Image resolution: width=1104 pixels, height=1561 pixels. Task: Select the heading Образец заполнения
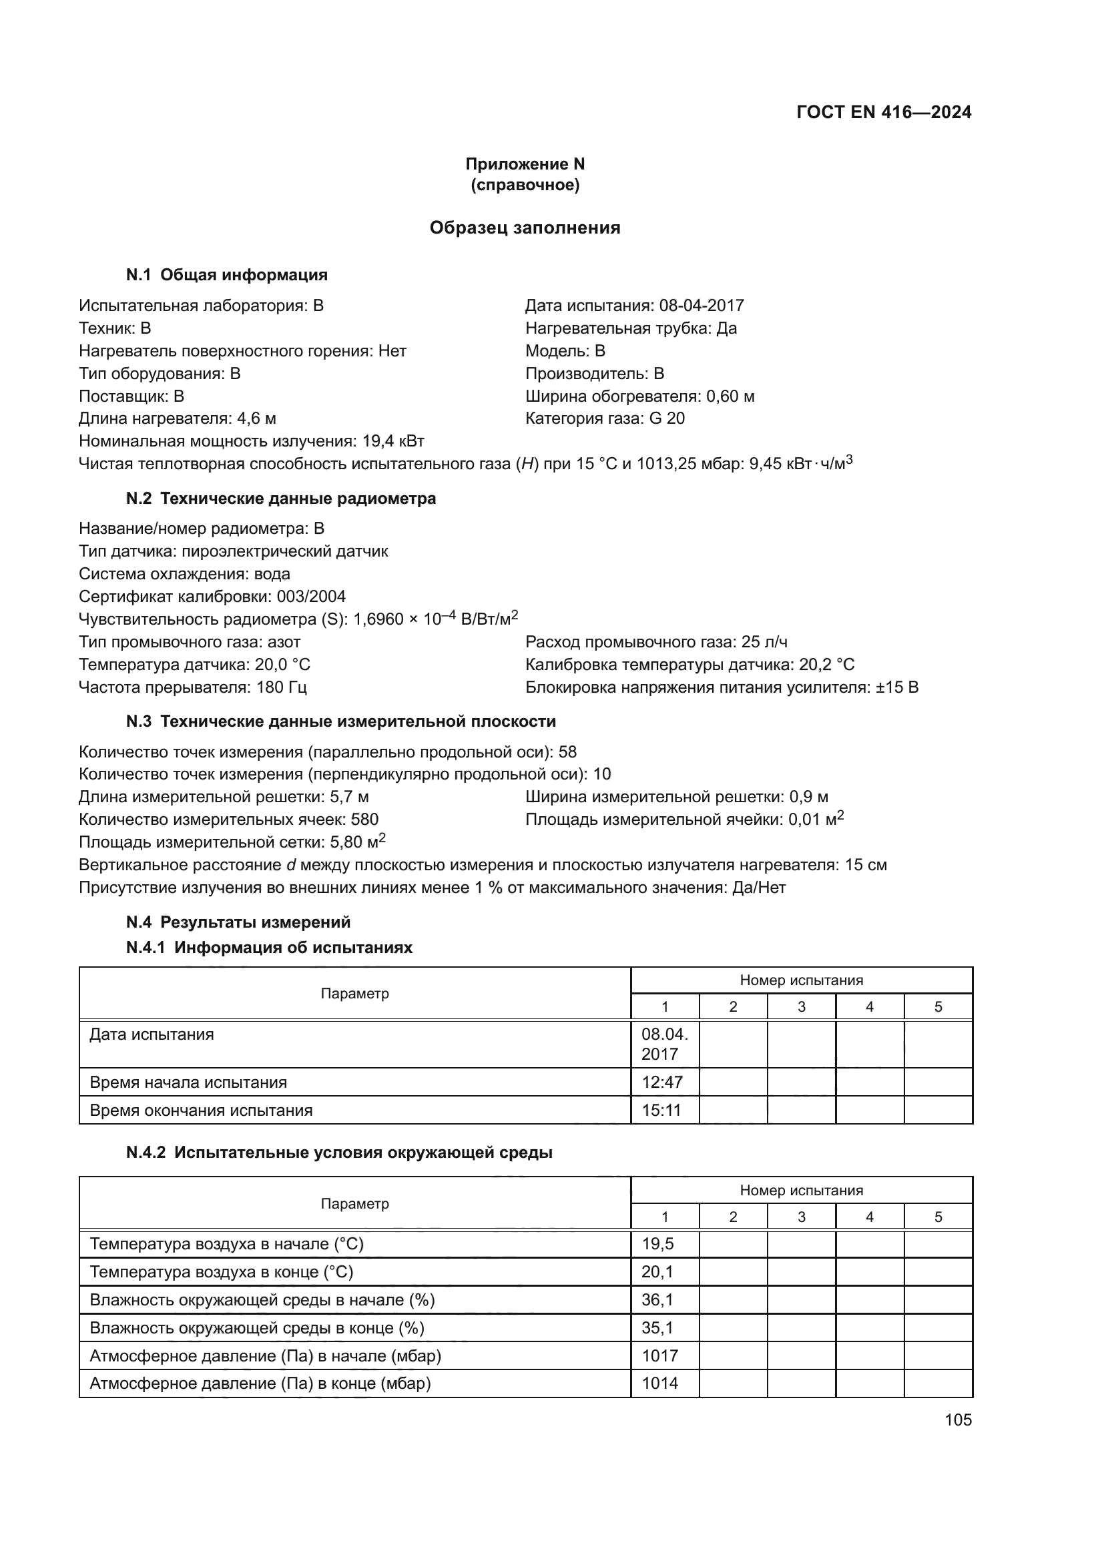click(525, 228)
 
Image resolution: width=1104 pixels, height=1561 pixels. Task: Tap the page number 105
click(958, 1420)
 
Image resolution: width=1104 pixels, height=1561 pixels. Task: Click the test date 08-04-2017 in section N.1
click(702, 305)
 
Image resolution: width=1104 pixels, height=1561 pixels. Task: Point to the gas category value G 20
click(667, 418)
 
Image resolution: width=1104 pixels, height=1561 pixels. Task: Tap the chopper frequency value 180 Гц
click(282, 687)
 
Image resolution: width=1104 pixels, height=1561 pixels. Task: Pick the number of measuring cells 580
click(364, 820)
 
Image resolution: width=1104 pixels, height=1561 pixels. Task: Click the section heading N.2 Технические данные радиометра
click(281, 499)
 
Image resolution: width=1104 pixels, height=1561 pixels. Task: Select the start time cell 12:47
click(662, 1082)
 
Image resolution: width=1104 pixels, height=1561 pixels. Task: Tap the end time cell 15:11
click(662, 1111)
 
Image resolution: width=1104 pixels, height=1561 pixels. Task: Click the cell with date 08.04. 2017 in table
click(664, 1044)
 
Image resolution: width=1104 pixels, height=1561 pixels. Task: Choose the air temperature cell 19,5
click(657, 1244)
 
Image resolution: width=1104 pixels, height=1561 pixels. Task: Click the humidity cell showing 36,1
click(657, 1300)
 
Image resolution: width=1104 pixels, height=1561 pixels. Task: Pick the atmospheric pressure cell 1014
click(659, 1383)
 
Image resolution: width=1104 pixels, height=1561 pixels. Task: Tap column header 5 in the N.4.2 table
click(937, 1217)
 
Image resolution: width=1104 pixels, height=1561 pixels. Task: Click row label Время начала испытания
click(188, 1082)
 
